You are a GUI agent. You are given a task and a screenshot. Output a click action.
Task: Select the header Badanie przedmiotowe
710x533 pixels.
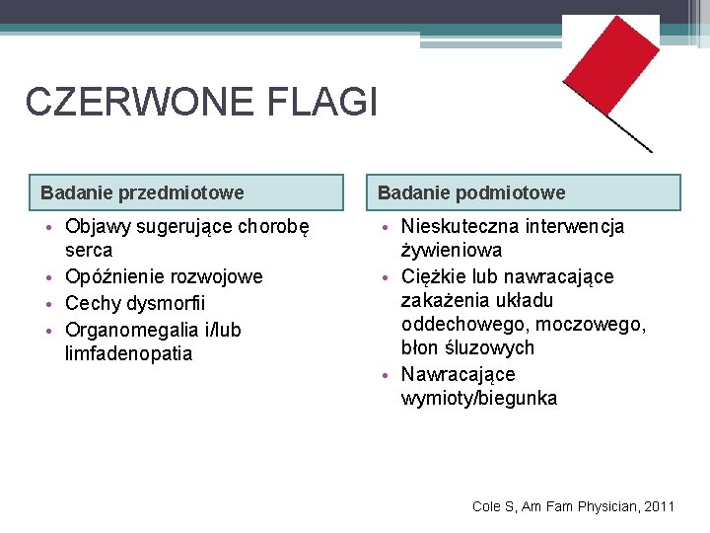click(x=142, y=192)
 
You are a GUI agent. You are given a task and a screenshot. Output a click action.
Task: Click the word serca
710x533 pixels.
click(x=89, y=251)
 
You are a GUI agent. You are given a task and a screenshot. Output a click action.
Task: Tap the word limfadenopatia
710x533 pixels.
click(x=128, y=353)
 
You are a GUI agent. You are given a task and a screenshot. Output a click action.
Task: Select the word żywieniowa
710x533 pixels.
click(x=451, y=251)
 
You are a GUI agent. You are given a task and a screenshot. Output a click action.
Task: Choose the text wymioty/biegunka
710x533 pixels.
click(x=478, y=399)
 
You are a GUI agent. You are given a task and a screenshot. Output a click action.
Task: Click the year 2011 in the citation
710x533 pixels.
click(x=658, y=506)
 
